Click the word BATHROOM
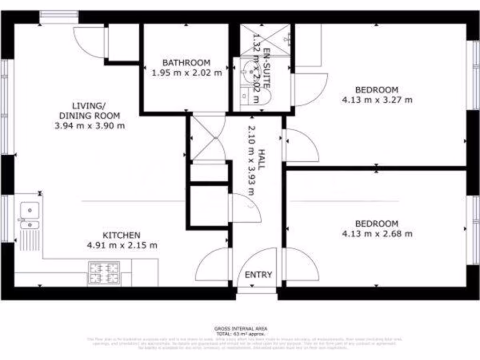pos(186,62)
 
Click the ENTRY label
pos(258,275)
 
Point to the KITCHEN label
pos(121,235)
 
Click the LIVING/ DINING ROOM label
pos(89,110)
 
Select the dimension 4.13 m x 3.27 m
pos(377,100)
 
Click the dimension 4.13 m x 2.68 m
pos(377,234)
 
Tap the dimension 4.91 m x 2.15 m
pos(122,245)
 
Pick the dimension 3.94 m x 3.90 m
pos(90,126)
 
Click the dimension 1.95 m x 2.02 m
pos(187,73)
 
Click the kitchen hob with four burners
pos(105,273)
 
